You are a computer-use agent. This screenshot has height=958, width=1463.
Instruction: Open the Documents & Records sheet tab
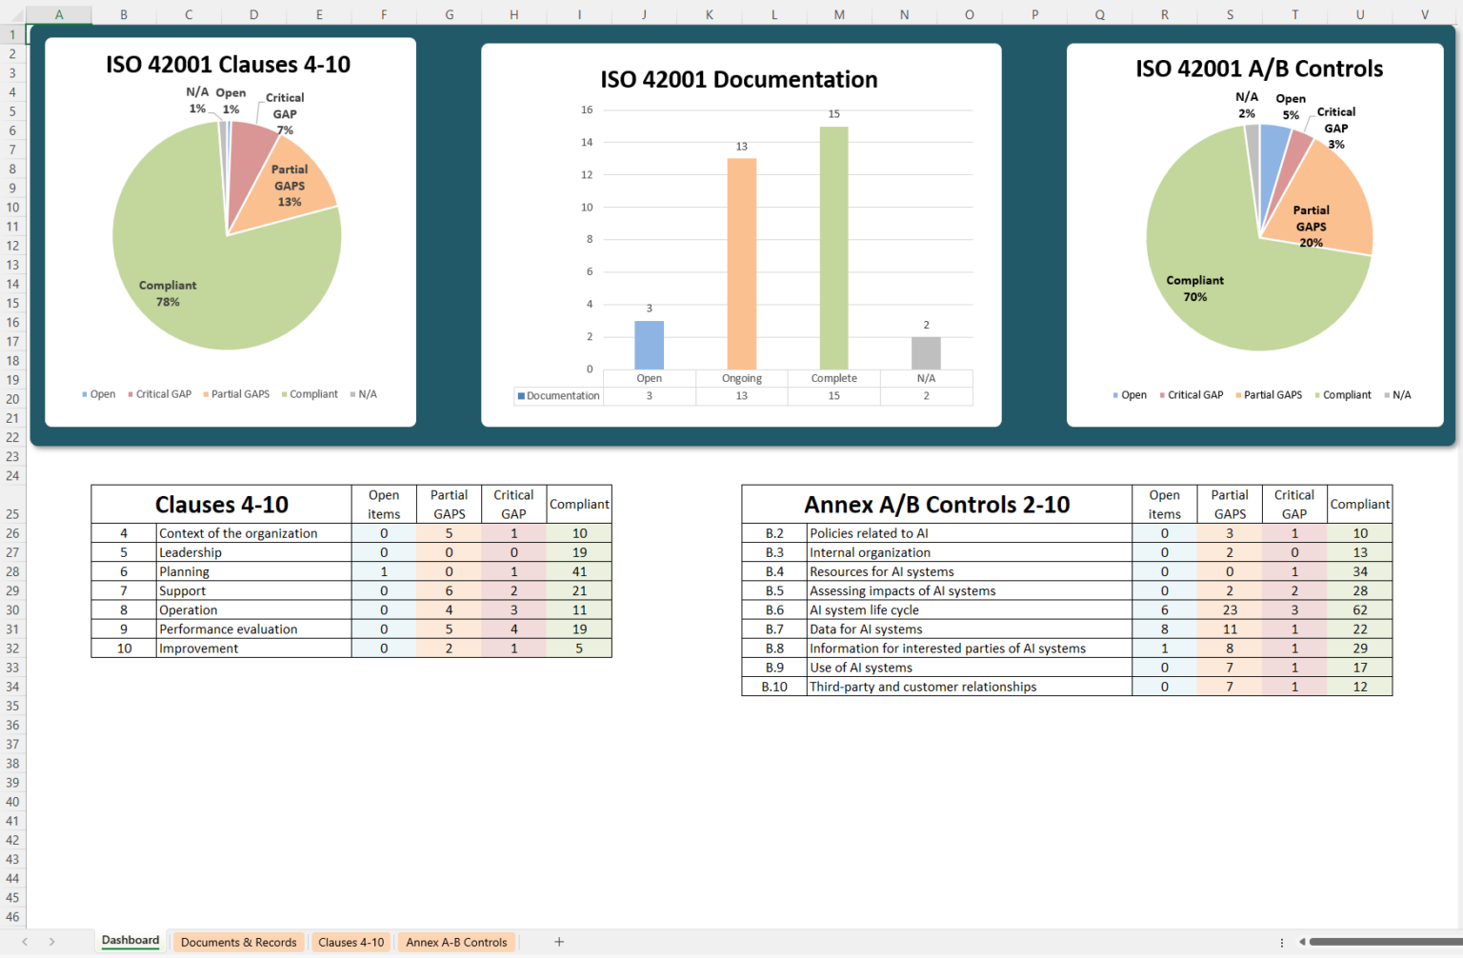[238, 942]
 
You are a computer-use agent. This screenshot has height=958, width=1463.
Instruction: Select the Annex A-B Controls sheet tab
[456, 942]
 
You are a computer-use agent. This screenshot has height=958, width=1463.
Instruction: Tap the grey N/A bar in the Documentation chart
[926, 353]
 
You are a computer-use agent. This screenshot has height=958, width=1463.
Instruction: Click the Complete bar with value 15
[833, 248]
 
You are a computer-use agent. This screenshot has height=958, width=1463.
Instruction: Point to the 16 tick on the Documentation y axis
[587, 110]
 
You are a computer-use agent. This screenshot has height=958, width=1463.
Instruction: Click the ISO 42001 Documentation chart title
[739, 80]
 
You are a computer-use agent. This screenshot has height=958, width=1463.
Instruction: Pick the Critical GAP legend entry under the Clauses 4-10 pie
[163, 394]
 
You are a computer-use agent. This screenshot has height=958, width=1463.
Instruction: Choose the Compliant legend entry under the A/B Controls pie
[1346, 395]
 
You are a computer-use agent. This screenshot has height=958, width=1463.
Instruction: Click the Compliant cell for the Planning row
[579, 571]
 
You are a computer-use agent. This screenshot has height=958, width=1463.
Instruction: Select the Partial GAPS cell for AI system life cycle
[1230, 609]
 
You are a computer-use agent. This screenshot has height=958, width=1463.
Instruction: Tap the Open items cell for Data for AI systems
[1164, 629]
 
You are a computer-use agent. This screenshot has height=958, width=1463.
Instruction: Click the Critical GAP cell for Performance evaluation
[513, 629]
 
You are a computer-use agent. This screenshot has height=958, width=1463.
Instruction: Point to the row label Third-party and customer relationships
[922, 687]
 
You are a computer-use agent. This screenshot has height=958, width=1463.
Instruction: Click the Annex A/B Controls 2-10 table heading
[936, 504]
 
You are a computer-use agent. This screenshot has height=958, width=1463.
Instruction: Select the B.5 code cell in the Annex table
[774, 590]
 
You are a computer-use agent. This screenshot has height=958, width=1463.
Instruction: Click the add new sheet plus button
[559, 942]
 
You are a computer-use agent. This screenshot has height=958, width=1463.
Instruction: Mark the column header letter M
[839, 14]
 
